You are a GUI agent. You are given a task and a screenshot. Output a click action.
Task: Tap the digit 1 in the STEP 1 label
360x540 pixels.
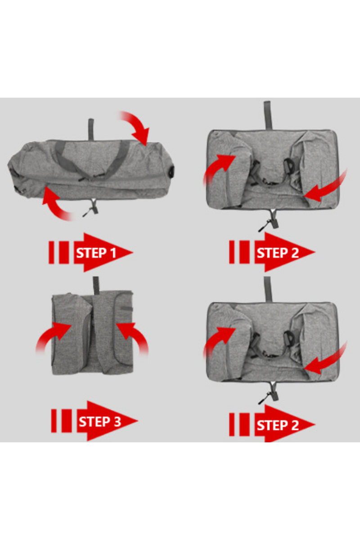pos(113,253)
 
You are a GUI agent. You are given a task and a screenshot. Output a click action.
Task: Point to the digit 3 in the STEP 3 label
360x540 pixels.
pos(117,422)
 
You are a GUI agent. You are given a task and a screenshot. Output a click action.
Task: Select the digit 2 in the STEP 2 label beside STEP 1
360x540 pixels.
pos(295,253)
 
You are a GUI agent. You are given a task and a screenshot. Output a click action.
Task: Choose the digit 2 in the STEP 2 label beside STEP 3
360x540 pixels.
pos(295,425)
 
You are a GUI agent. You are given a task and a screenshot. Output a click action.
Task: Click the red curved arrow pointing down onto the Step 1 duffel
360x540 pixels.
pos(138,126)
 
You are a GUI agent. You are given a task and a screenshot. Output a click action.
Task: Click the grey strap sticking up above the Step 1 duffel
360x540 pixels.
pos(91,129)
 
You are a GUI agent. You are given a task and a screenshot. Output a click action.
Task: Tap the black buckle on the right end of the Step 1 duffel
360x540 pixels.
pos(171,171)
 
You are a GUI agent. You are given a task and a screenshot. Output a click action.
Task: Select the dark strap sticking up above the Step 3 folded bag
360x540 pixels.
pos(96,286)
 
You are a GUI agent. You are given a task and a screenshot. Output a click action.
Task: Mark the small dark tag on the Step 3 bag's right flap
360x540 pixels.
pos(126,309)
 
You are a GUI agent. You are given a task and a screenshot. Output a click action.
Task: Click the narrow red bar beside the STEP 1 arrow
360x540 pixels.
pos(51,252)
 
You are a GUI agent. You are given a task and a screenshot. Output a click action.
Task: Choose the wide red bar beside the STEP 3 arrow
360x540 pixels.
pos(67,421)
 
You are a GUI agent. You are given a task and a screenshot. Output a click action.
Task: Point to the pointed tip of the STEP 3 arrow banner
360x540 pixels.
pos(138,421)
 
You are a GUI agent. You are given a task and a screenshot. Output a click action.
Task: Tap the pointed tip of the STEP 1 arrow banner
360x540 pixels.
pos(133,252)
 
